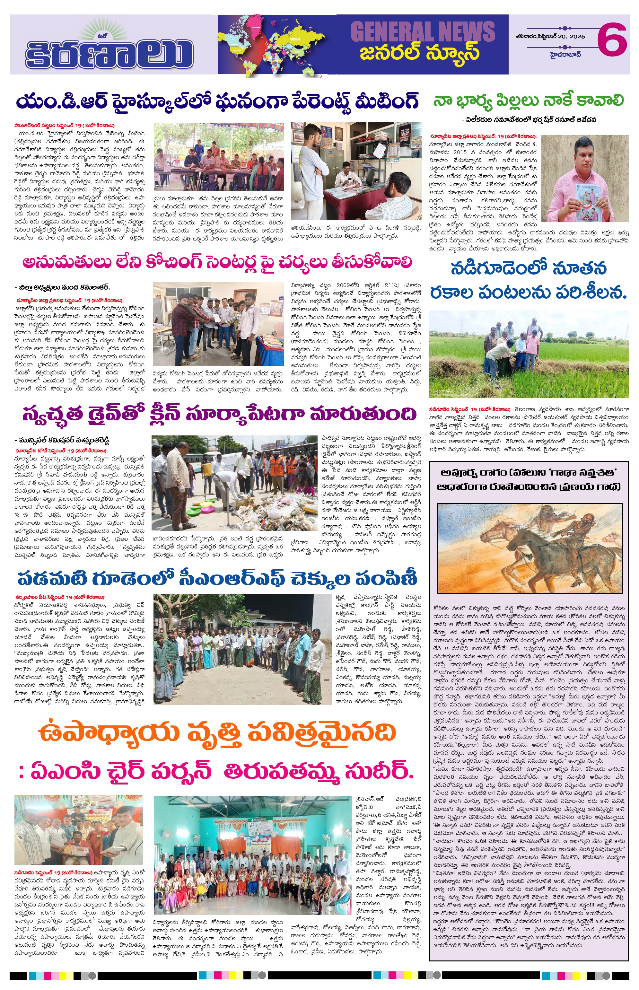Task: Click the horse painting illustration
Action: (x=530, y=548)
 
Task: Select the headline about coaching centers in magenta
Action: (x=217, y=263)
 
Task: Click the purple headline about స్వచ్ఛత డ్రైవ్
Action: (x=219, y=415)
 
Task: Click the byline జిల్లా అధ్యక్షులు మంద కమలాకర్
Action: (x=62, y=287)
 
